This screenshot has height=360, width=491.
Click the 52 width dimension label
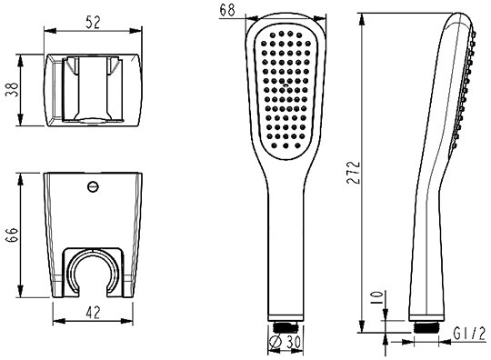click(x=93, y=23)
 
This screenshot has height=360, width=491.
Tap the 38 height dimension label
click(x=13, y=90)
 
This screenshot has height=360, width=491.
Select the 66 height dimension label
click(x=13, y=235)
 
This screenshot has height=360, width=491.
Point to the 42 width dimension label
click(x=93, y=312)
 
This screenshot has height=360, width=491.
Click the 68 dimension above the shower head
click(x=227, y=10)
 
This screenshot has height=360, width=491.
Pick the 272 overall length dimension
click(x=354, y=172)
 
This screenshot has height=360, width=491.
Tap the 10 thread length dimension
click(x=376, y=297)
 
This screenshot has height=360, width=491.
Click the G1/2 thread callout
click(x=470, y=334)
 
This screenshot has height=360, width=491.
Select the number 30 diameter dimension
click(x=293, y=342)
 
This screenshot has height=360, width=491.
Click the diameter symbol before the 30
click(x=276, y=342)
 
